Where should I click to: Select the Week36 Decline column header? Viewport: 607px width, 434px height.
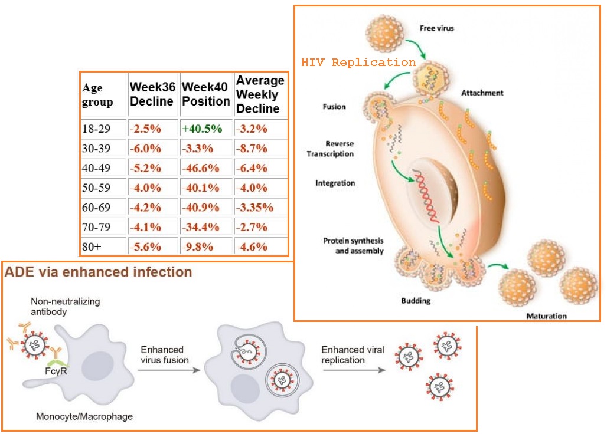point(152,94)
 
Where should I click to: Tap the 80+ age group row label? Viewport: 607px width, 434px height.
point(92,247)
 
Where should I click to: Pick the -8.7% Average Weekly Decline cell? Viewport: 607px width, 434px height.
point(252,149)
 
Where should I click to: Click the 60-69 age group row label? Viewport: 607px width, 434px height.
point(96,208)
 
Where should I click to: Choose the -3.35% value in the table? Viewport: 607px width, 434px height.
point(254,208)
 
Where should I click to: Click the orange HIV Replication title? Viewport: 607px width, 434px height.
point(358,62)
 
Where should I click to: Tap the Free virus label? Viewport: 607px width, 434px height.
point(437,28)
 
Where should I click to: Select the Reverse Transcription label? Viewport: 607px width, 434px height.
point(339,149)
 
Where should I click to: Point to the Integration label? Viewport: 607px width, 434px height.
point(335,183)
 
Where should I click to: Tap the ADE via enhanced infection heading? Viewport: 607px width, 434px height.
point(98,272)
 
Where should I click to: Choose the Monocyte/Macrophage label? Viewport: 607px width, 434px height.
point(84,417)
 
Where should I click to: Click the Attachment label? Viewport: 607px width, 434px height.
point(482,93)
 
